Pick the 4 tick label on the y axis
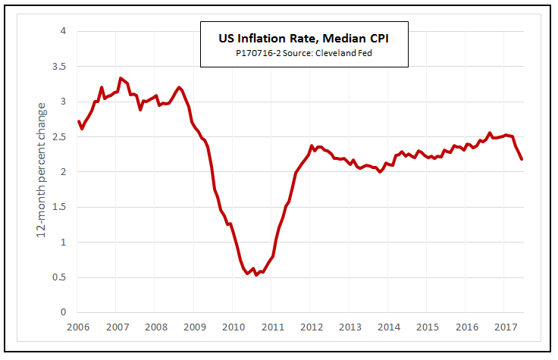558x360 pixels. point(64,31)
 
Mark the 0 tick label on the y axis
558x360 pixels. point(64,312)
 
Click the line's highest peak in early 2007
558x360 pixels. point(120,77)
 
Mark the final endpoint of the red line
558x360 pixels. point(521,159)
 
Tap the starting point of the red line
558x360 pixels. point(79,121)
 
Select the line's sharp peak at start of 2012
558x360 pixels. point(312,146)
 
